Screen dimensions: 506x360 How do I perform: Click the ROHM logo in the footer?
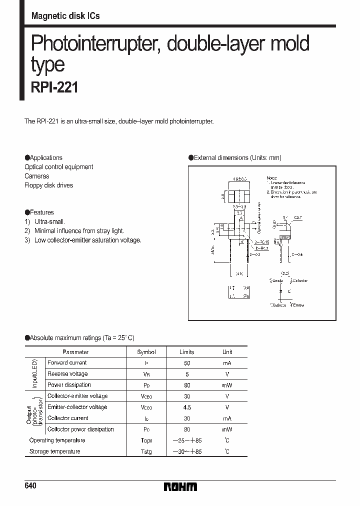[180, 486]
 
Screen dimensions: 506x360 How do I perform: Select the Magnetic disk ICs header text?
[65, 16]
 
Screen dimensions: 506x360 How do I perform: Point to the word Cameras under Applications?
[37, 176]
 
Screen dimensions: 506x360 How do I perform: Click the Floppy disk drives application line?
[48, 185]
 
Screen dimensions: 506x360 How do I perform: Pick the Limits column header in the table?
[186, 352]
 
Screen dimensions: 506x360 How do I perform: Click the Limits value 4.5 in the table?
[186, 407]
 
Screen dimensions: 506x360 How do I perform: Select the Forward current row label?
[67, 363]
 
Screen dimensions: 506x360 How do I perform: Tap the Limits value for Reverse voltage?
[186, 374]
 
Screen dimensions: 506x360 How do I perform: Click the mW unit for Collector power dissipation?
[227, 429]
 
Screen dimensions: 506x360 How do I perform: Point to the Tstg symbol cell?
[146, 451]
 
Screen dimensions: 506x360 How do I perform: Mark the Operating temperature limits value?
[186, 440]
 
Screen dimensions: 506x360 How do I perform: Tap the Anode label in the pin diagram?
[277, 280]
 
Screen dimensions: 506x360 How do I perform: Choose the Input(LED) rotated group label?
[35, 374]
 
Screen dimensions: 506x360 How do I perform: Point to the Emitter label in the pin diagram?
[298, 304]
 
